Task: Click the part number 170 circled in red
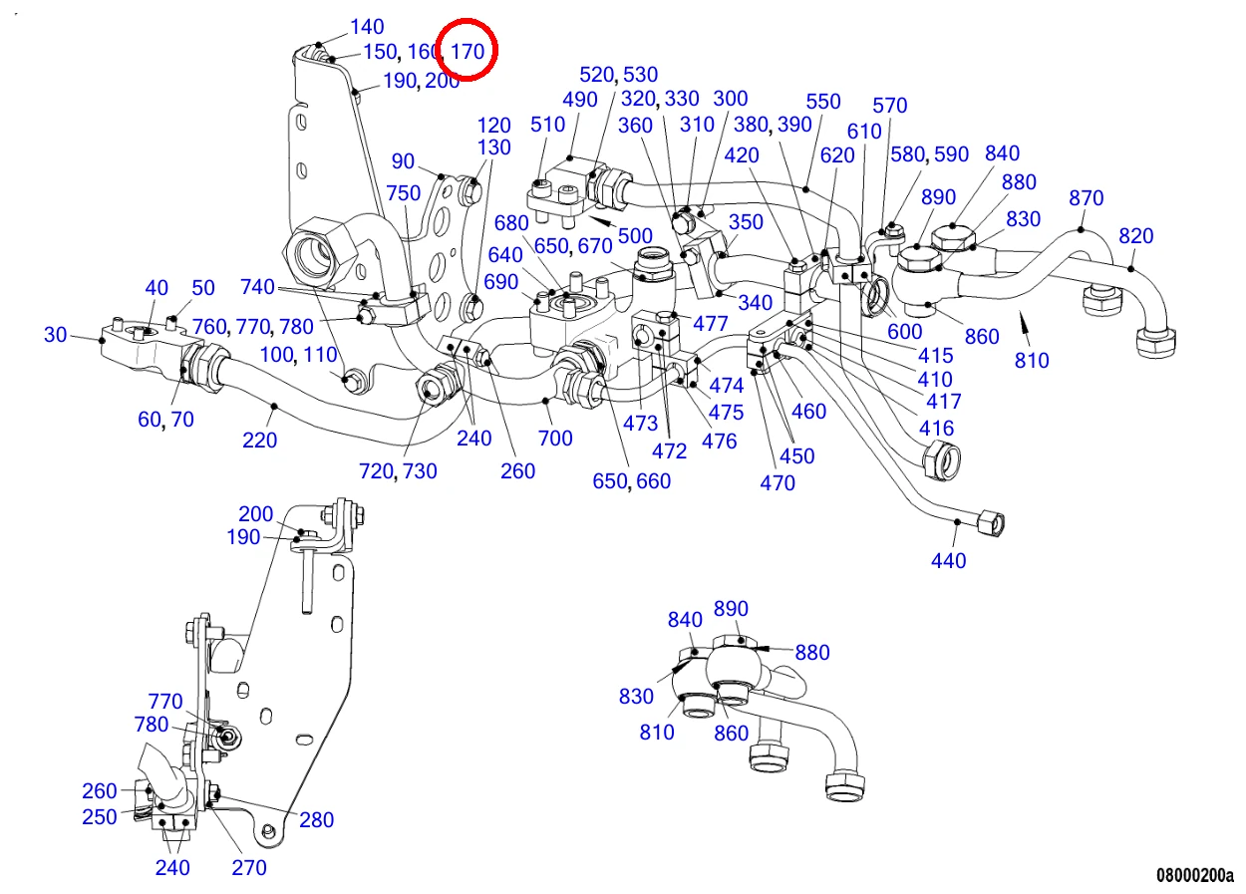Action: (467, 52)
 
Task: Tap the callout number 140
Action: (367, 26)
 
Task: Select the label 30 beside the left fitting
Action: (55, 334)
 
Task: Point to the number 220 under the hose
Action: (260, 441)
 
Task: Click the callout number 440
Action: (948, 560)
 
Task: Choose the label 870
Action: (1086, 198)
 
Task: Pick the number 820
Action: (1136, 236)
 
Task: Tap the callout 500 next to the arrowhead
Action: (635, 236)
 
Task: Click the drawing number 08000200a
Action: (1195, 875)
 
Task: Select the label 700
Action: (555, 439)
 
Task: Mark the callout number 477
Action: (711, 323)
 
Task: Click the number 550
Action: (823, 102)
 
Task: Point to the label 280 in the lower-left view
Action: (317, 819)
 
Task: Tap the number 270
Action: (249, 867)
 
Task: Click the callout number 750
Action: (404, 193)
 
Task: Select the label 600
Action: (904, 332)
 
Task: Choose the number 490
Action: (579, 100)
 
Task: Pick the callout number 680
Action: (511, 223)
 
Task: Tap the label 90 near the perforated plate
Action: (403, 161)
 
